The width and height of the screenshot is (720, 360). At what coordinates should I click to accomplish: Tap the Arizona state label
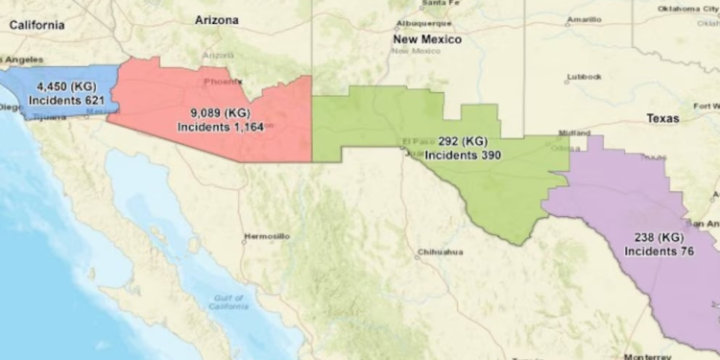pos(217,19)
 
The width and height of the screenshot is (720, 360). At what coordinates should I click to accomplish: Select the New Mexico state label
pos(427,39)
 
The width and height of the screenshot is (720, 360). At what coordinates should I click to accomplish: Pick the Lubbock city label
pos(584,77)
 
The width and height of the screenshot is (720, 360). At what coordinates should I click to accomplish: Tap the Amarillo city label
pos(584,18)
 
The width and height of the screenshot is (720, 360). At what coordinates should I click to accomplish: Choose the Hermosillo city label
pos(267,235)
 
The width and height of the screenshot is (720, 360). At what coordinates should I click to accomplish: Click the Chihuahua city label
pos(441,252)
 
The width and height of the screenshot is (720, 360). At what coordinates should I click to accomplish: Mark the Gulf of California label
pos(228,302)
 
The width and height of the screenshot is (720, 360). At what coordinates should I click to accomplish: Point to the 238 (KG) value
pos(658,237)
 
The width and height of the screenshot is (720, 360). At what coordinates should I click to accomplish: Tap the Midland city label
pos(576,133)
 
